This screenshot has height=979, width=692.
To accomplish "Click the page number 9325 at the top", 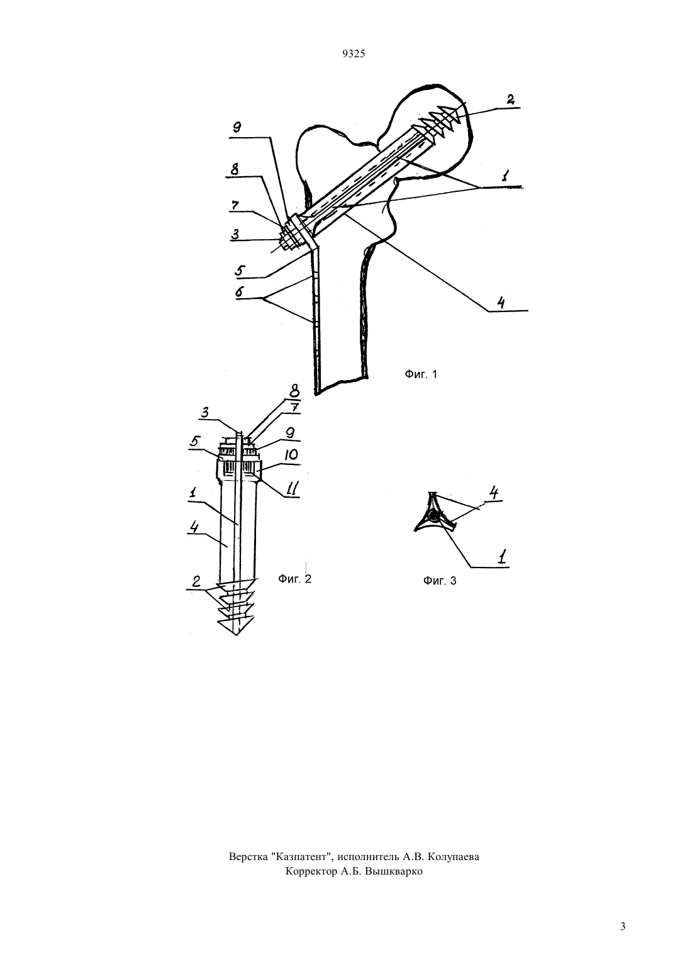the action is [354, 53].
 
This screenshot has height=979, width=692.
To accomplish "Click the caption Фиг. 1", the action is [421, 374].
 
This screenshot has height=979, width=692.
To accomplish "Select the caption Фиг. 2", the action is [295, 579].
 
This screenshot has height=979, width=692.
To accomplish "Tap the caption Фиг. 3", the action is [440, 580].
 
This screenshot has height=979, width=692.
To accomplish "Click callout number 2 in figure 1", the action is [510, 99].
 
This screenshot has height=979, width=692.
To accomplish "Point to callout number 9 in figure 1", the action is [237, 128].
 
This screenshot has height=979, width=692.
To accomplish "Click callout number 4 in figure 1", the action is [501, 303].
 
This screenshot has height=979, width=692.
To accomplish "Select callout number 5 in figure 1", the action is [239, 270].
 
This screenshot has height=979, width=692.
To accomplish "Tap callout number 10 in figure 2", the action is [290, 456].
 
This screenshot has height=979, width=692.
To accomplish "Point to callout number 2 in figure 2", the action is [196, 581].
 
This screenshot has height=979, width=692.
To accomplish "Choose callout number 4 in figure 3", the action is [493, 493].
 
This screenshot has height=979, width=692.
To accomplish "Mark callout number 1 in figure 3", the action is [503, 557].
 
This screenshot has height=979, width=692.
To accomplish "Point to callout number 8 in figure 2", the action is [294, 390].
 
